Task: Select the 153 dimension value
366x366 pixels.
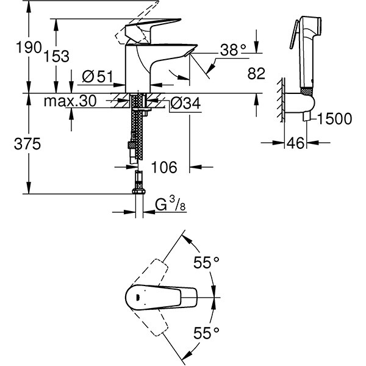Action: [x=57, y=56]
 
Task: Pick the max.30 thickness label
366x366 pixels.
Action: [x=70, y=102]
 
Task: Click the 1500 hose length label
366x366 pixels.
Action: [x=335, y=120]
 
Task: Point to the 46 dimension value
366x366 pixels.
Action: [x=295, y=145]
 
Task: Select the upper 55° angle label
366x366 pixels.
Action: [x=206, y=263]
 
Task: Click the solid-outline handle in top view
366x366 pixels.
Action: [x=165, y=298]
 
